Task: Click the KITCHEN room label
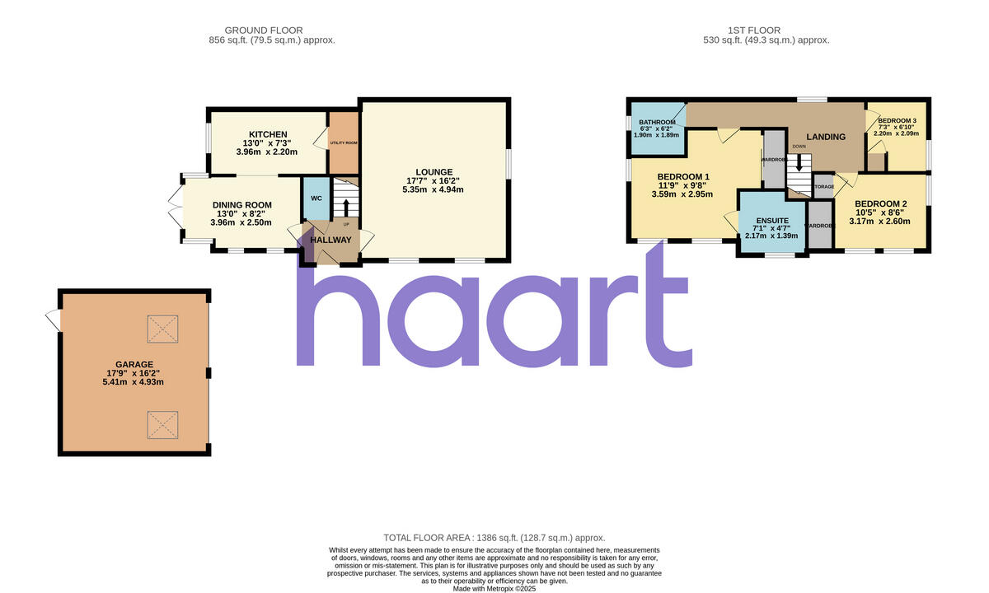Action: pos(268,134)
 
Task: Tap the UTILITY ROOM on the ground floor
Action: pos(344,142)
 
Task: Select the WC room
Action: pos(316,198)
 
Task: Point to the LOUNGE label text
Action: pos(434,172)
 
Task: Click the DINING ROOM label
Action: pos(241,205)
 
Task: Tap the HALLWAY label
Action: pos(330,240)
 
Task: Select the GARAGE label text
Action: pos(134,364)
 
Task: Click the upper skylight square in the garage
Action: pos(162,329)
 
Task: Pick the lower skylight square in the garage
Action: pos(162,425)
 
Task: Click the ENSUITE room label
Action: pos(773,221)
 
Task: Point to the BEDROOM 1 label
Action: pos(683,176)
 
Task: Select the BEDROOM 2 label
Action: pos(880,203)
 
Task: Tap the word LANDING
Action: pos(825,137)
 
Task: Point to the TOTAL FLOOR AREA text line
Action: pos(494,537)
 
